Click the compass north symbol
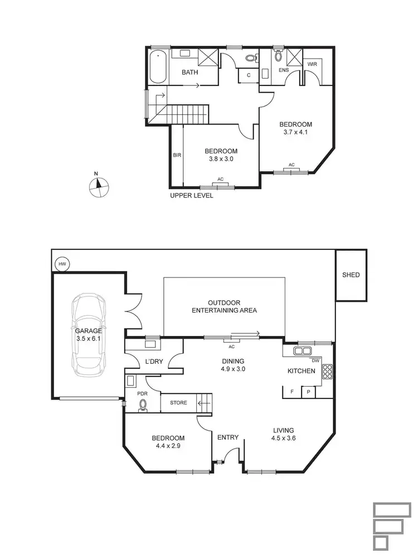coord(99,187)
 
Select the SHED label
coord(351,275)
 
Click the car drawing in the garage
coord(89,334)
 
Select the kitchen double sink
coord(303,351)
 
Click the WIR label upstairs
coord(312,65)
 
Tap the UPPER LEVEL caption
coord(192,196)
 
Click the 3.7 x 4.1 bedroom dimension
coord(295,133)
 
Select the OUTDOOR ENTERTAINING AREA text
coord(224,306)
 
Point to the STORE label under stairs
coord(178,402)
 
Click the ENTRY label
coord(228,437)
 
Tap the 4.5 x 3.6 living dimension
coord(283,438)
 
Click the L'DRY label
coord(153,362)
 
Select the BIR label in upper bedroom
coord(176,155)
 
